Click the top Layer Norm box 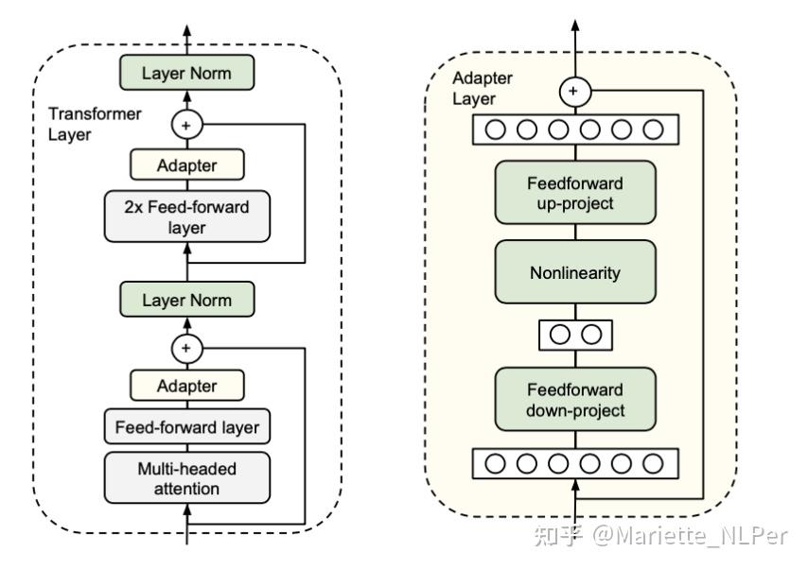186,72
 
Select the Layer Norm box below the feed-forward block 186,301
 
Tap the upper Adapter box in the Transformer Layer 186,165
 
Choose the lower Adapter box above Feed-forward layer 186,386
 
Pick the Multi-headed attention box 186,478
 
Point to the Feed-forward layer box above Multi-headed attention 186,427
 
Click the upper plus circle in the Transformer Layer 186,123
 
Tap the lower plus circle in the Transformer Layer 186,349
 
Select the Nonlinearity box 575,272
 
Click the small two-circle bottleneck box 575,334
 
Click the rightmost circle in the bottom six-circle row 653,463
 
